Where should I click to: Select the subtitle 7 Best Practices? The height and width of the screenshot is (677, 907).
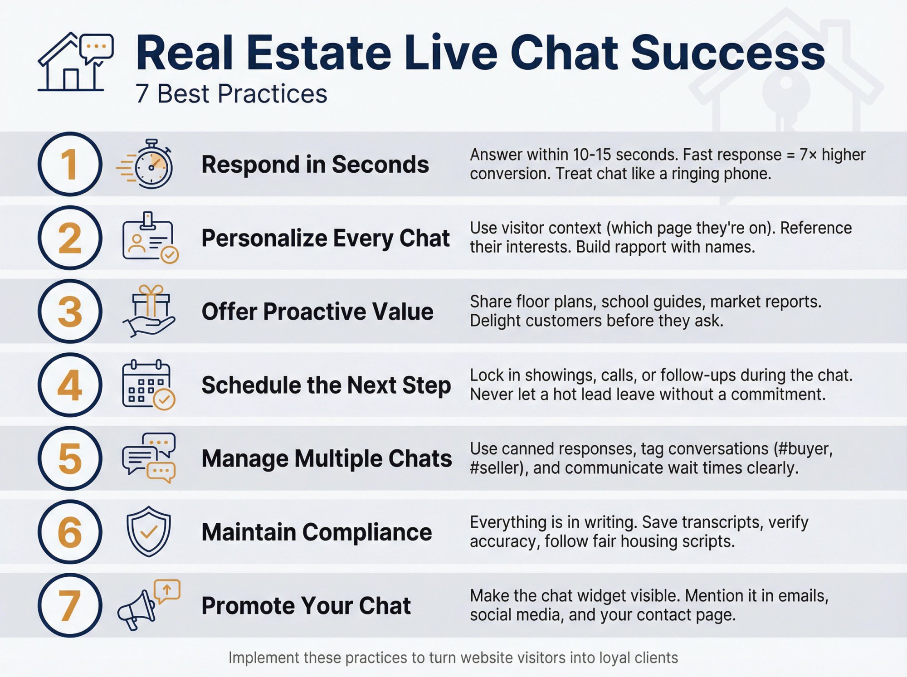(x=231, y=94)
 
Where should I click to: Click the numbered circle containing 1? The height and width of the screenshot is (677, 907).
(x=70, y=164)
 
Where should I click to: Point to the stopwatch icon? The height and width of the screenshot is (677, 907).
(x=147, y=165)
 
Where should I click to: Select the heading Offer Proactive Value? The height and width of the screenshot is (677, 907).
(x=317, y=312)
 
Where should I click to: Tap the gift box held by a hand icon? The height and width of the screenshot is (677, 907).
(x=150, y=311)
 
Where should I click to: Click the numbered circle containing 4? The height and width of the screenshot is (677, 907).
(x=70, y=385)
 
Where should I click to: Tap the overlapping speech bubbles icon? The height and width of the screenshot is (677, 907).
(x=149, y=458)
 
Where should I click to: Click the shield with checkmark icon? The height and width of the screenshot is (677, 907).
(x=149, y=531)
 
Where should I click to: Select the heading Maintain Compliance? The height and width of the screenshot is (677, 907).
(x=317, y=532)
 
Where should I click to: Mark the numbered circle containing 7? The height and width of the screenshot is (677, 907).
(x=70, y=605)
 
